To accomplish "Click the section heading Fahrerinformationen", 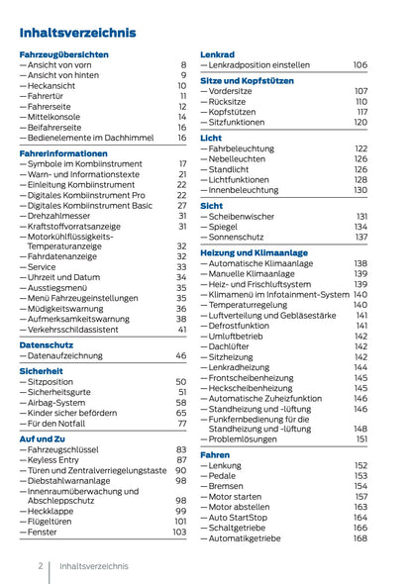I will [63, 154].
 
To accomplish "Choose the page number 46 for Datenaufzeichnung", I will [180, 355].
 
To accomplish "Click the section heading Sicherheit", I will [42, 370].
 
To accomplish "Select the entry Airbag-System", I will [60, 403].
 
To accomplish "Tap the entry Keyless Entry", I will [56, 459].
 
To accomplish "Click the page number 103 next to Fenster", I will [178, 532].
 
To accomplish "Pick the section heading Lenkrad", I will [217, 53].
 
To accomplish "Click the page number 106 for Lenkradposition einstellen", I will [360, 64].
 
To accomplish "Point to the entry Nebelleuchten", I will [241, 158].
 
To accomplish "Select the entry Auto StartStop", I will [243, 517].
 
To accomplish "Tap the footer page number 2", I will [41, 566].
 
